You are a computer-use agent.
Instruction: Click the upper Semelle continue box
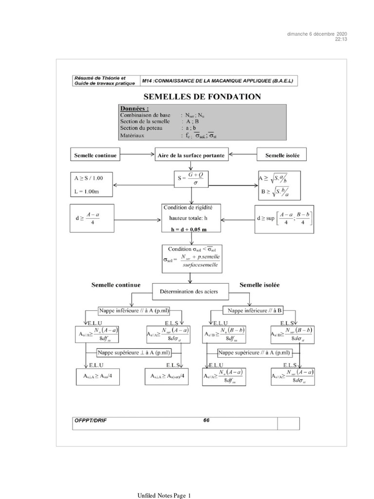point(95,155)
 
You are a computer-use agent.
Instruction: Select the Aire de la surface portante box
point(191,155)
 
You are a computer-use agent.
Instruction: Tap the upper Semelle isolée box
point(282,155)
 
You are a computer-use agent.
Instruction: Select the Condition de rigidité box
point(191,218)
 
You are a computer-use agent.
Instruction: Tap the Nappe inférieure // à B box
point(253,310)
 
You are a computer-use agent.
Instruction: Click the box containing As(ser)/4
point(167,376)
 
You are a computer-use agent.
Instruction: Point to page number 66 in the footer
point(206,420)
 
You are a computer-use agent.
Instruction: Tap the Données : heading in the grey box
point(134,109)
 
